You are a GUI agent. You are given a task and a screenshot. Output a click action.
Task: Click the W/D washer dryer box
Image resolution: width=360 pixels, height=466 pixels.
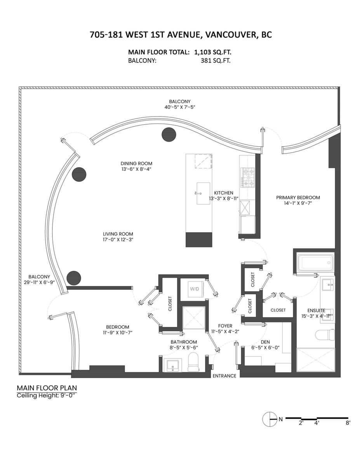[x=193, y=289]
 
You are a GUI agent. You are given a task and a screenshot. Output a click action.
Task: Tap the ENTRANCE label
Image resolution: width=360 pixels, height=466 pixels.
[x=224, y=376]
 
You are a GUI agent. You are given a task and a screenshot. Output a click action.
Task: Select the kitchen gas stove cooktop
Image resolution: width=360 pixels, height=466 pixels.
[x=247, y=177]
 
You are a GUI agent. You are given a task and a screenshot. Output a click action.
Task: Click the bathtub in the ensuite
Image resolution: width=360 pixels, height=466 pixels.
[x=315, y=263]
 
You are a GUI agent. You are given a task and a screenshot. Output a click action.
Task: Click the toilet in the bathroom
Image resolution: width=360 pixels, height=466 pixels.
[x=193, y=362]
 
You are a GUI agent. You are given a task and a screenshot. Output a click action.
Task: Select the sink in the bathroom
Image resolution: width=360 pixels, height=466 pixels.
[x=171, y=365]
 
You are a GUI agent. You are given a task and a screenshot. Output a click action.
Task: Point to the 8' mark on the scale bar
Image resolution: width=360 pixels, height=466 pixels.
[x=348, y=423]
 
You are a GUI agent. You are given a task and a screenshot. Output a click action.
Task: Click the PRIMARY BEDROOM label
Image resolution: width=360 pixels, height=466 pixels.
[x=298, y=197]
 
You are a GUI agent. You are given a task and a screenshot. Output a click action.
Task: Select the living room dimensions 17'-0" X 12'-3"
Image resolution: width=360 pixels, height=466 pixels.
[x=118, y=240]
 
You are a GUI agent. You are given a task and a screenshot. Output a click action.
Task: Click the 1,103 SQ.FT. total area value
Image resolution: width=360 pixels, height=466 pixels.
[x=215, y=52]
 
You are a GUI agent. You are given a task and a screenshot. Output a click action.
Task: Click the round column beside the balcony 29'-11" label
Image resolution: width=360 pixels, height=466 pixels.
[x=74, y=278]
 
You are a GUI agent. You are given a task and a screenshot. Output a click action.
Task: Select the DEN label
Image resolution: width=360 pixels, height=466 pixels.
[x=266, y=342]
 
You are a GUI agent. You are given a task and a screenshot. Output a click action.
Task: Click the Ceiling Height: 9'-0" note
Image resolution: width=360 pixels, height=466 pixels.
[x=47, y=396]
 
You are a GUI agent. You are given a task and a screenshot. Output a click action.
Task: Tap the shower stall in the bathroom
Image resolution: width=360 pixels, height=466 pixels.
[x=194, y=318]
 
